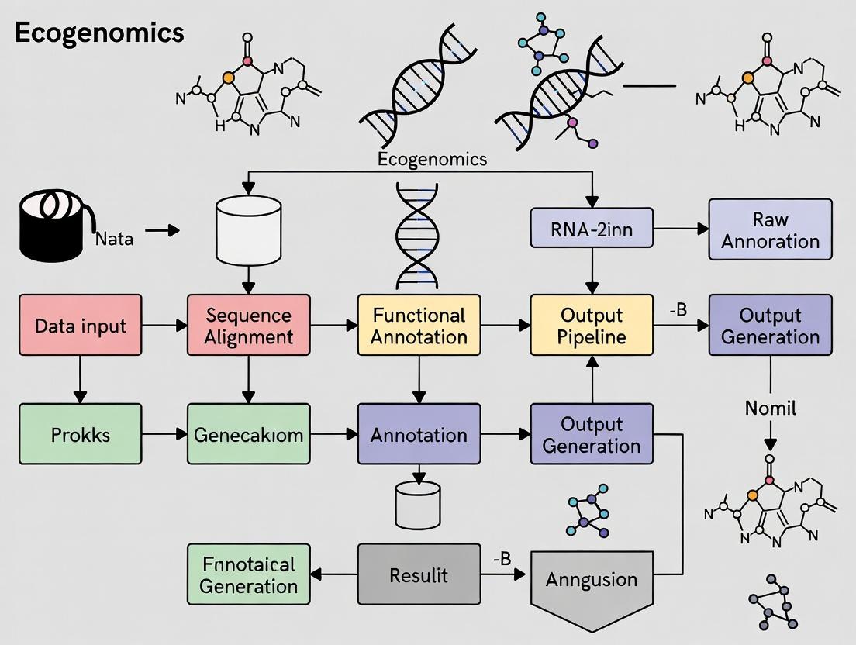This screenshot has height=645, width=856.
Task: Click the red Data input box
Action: point(80,326)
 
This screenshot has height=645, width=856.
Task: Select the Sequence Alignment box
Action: point(249,326)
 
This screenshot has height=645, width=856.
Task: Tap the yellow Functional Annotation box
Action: point(419,326)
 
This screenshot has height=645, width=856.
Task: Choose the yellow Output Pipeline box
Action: point(592,326)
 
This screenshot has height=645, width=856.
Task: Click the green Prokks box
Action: point(80,434)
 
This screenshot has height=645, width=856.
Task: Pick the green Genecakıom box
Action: point(249,434)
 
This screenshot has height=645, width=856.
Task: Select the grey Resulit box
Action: point(419,574)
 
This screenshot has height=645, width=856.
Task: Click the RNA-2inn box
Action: point(592,228)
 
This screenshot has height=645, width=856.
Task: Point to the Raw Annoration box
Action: point(770,229)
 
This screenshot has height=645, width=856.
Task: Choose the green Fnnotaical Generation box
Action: point(249,574)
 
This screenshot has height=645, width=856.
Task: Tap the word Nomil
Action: point(770,408)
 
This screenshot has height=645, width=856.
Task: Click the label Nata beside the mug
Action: point(114,239)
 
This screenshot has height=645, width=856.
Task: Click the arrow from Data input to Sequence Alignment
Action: point(164,326)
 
